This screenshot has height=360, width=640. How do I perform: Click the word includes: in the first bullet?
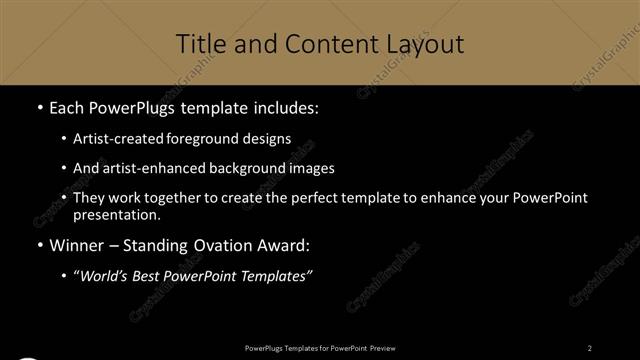click(284, 107)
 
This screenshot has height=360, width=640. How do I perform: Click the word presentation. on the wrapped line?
click(116, 214)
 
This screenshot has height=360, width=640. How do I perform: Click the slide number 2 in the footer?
click(590, 347)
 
